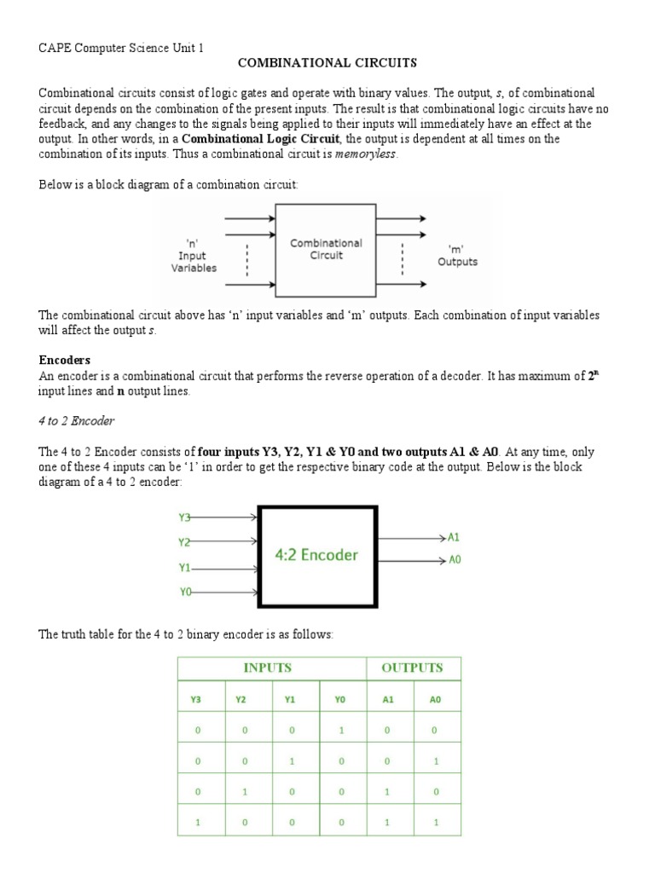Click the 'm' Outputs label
click(x=457, y=255)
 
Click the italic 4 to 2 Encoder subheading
click(x=77, y=421)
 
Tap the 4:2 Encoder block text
click(x=316, y=555)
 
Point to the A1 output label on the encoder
click(x=454, y=538)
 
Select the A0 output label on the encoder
click(x=454, y=561)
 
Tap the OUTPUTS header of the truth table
click(x=412, y=668)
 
